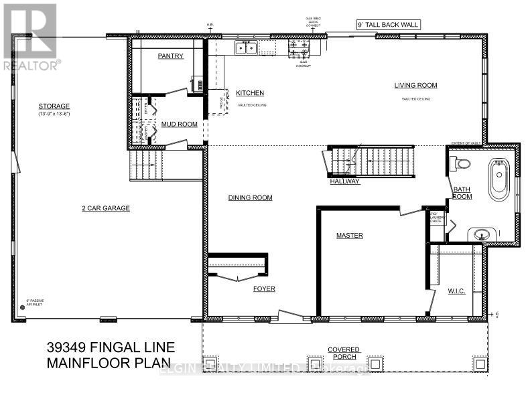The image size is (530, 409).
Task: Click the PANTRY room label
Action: [x=171, y=56]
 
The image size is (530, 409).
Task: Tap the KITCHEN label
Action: [x=250, y=93]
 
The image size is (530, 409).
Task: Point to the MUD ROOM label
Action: [x=180, y=124]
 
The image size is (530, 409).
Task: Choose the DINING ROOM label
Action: [x=250, y=197]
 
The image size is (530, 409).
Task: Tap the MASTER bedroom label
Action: [x=350, y=236]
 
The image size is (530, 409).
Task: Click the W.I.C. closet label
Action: [x=457, y=291]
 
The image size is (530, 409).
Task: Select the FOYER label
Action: [x=265, y=289]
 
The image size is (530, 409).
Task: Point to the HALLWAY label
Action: [x=345, y=181]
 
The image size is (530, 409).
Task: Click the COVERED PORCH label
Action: [x=344, y=353]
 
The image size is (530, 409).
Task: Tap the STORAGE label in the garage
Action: [x=54, y=106]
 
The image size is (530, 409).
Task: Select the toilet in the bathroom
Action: [x=460, y=163]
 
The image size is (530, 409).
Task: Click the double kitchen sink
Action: [x=246, y=48]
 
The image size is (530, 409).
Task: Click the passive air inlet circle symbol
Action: [x=22, y=307]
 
